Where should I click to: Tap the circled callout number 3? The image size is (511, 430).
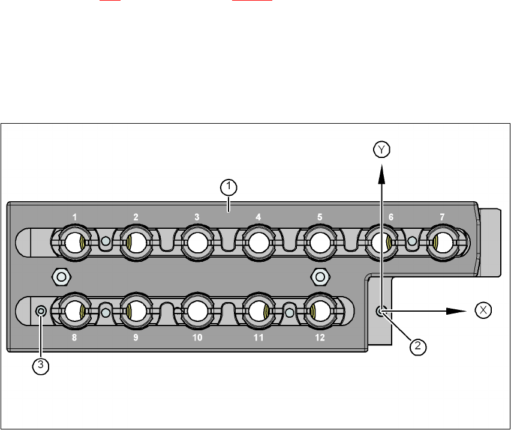click(x=40, y=366)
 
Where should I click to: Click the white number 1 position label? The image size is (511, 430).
click(x=74, y=216)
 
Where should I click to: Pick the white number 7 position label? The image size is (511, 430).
click(x=442, y=216)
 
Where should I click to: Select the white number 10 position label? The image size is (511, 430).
click(x=197, y=338)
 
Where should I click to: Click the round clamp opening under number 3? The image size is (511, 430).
click(x=196, y=243)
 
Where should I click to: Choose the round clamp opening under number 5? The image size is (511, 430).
click(x=319, y=243)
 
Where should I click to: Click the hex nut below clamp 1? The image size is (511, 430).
click(x=61, y=276)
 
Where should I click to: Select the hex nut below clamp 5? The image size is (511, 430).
click(x=320, y=276)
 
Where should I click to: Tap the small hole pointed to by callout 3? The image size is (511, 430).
click(x=41, y=310)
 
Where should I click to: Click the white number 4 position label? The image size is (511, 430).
click(x=258, y=216)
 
